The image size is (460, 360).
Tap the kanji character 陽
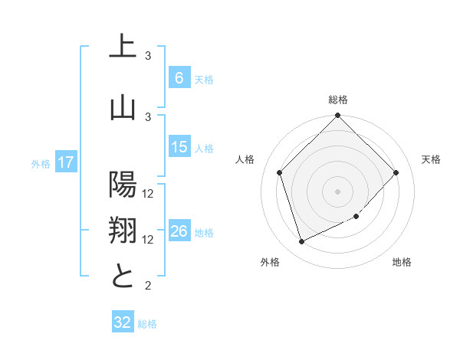click(x=122, y=185)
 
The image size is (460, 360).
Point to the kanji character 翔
click(x=122, y=231)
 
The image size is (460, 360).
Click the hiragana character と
click(x=122, y=276)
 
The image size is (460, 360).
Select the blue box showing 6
click(x=179, y=78)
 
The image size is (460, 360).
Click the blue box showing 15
click(x=179, y=147)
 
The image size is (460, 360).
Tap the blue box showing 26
click(x=179, y=231)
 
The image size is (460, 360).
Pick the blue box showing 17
click(x=66, y=162)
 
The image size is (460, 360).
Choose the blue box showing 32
click(x=122, y=322)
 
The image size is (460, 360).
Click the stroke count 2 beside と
click(x=148, y=286)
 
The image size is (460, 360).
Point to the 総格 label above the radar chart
click(x=338, y=100)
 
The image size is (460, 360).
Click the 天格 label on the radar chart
click(x=431, y=159)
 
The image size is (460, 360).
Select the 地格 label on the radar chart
click(x=402, y=262)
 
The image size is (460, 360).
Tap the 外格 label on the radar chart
click(x=270, y=262)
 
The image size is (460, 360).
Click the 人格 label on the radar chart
click(x=245, y=159)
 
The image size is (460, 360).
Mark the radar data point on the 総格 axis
click(x=337, y=116)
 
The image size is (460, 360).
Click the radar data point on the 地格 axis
click(x=356, y=217)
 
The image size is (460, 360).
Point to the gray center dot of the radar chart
click(x=337, y=191)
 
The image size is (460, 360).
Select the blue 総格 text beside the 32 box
click(x=147, y=324)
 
